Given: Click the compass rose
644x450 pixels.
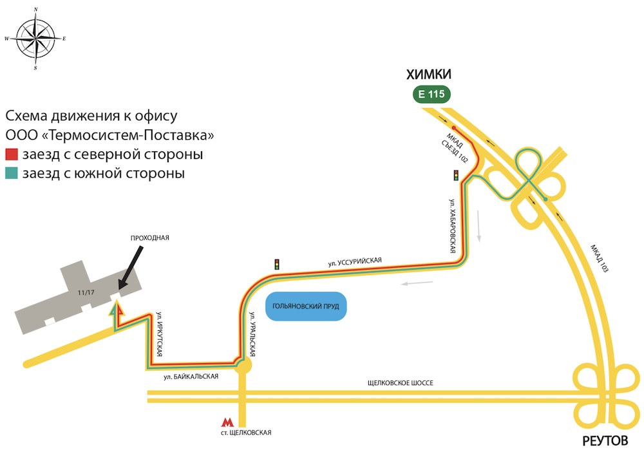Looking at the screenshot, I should pyautogui.click(x=36, y=39).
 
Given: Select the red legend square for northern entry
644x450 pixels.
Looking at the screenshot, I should pyautogui.click(x=12, y=155).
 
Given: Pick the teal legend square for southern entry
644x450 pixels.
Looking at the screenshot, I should pyautogui.click(x=12, y=174).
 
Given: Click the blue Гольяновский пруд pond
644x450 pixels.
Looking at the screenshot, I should pyautogui.click(x=306, y=306).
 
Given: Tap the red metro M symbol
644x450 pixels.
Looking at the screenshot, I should pyautogui.click(x=227, y=423).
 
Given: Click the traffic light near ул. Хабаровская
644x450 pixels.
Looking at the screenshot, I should pyautogui.click(x=456, y=174).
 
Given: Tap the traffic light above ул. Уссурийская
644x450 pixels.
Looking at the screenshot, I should pyautogui.click(x=277, y=264).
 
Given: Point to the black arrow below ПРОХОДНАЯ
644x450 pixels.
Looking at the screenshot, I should pyautogui.click(x=131, y=268).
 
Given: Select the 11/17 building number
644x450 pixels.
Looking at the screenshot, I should pyautogui.click(x=85, y=293).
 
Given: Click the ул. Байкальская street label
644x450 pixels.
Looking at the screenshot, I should pyautogui.click(x=191, y=377).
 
